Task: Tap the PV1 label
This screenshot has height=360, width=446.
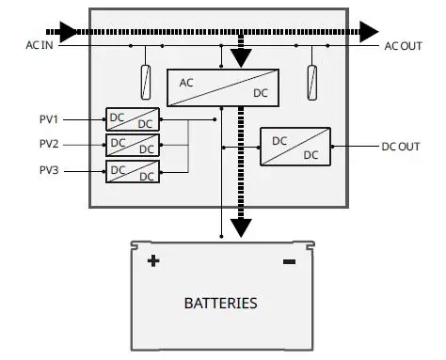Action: click(48, 119)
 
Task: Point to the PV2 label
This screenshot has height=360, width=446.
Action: click(48, 145)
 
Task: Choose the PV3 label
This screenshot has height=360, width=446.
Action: click(48, 171)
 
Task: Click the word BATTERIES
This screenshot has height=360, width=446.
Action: click(220, 304)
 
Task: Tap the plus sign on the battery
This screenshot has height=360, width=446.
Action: click(153, 260)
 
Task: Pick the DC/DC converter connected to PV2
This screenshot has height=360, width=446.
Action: click(132, 145)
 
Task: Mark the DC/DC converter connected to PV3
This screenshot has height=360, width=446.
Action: click(132, 171)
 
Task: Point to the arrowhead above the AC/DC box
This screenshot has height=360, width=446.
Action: click(242, 58)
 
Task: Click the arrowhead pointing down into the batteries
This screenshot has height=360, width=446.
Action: click(242, 227)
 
